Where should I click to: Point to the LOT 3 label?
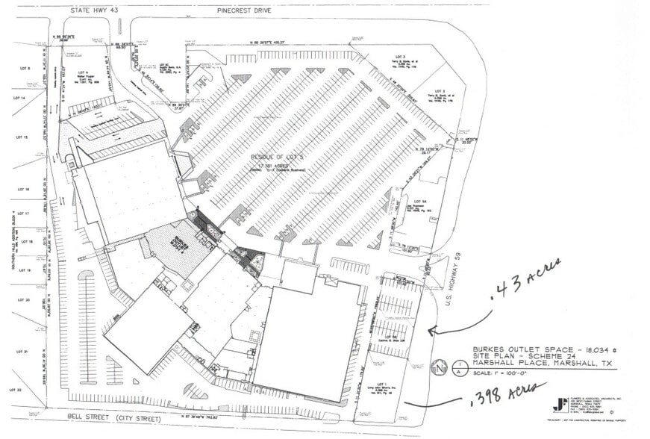pos(399,56)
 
